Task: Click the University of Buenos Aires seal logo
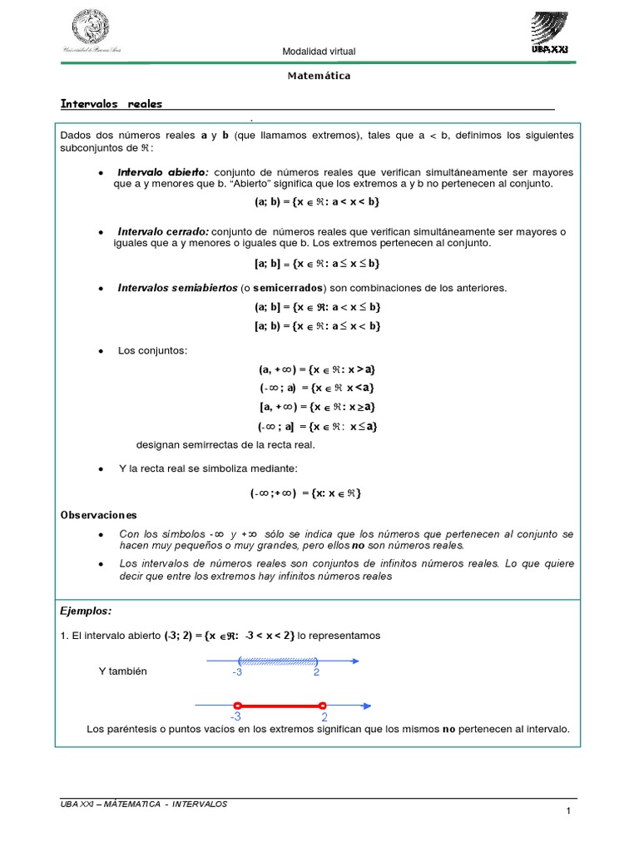97,29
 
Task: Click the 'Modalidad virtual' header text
319,52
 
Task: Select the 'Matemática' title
319,76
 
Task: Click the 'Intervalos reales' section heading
111,104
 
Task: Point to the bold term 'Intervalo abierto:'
164,172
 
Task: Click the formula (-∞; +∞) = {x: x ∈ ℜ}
306,493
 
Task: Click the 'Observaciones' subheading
98,515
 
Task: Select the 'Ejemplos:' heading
86,611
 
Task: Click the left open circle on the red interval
237,704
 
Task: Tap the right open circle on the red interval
323,704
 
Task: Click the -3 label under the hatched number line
237,672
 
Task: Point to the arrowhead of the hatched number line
355,661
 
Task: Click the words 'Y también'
122,671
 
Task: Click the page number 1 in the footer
567,811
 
